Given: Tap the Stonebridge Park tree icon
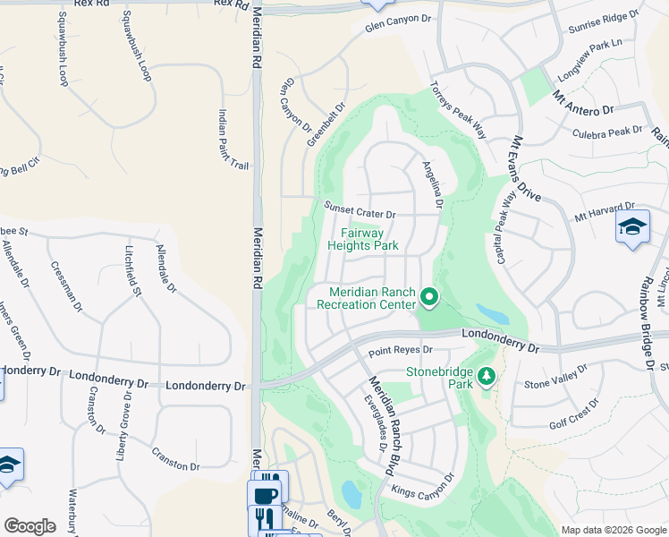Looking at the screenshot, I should pyautogui.click(x=487, y=376).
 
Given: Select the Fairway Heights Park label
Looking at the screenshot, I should pyautogui.click(x=362, y=237).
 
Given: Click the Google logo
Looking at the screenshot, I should pyautogui.click(x=30, y=526).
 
